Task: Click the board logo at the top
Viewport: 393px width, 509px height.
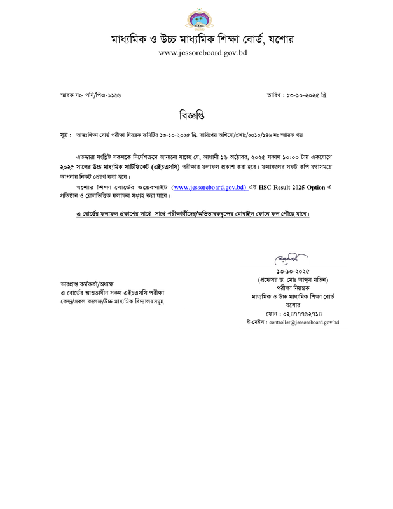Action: click(200, 19)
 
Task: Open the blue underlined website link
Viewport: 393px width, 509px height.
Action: click(211, 187)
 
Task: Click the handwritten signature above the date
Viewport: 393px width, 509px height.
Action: click(291, 258)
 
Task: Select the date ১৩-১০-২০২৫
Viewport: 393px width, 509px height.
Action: click(293, 271)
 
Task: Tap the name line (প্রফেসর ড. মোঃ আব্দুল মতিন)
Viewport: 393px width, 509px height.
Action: click(293, 279)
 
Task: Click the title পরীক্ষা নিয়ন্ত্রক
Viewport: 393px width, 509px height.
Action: click(293, 288)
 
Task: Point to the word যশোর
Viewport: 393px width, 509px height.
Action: click(293, 305)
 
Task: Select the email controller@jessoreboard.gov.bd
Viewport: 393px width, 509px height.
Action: click(304, 323)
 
